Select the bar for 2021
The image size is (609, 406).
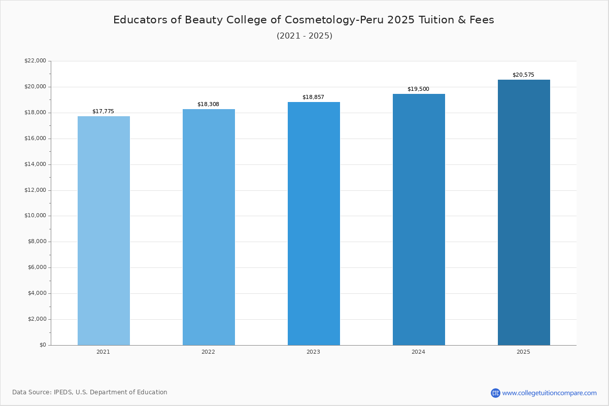[104, 231]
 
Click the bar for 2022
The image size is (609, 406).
[209, 227]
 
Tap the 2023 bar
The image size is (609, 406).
[314, 224]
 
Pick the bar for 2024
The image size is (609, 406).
[419, 220]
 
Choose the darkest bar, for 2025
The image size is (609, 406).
[524, 213]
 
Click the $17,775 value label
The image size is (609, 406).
[104, 112]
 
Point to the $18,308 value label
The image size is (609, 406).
[208, 105]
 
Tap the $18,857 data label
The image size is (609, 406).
[313, 97]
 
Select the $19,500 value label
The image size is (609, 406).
[418, 89]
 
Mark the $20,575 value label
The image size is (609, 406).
[523, 75]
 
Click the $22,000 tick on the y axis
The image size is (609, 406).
[36, 60]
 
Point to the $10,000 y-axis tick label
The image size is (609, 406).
[36, 216]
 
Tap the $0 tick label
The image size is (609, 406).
[43, 345]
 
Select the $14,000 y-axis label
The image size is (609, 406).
[36, 164]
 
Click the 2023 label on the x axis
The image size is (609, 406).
[313, 352]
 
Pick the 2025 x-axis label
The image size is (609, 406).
[523, 352]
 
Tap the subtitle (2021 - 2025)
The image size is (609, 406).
[304, 36]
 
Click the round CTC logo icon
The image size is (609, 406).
[495, 393]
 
